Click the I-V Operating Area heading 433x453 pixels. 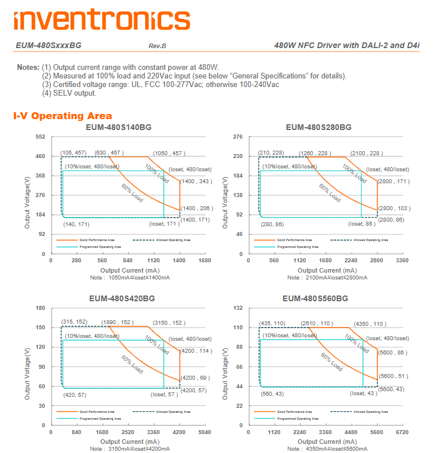(63, 116)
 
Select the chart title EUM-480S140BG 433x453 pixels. (119, 127)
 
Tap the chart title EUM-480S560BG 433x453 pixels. (315, 298)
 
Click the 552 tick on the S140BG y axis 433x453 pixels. (41, 137)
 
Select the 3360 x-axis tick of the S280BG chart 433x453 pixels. (403, 260)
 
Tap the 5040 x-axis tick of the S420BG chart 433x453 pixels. (204, 432)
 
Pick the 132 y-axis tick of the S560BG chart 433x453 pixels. (239, 308)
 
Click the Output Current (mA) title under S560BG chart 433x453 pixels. (327, 442)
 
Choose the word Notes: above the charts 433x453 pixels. (28, 68)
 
